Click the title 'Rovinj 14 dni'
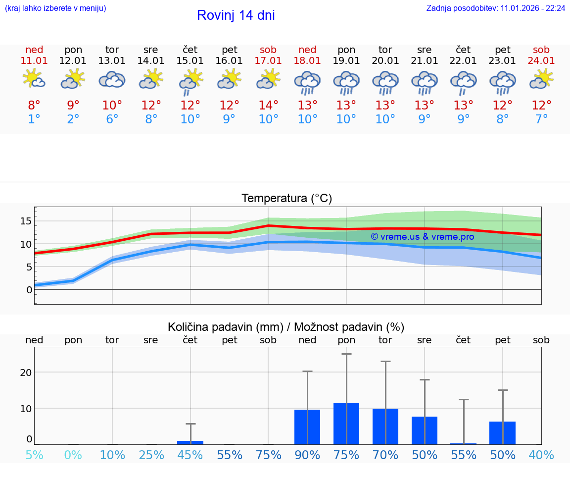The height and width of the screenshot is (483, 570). point(236,15)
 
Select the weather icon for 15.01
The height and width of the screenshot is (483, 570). point(190,81)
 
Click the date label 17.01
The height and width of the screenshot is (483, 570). point(268,60)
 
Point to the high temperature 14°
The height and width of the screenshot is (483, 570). point(268,106)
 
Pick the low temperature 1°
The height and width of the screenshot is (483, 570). point(34,119)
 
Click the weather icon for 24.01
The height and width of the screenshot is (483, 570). point(541,79)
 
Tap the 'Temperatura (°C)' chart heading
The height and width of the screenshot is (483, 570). point(286,199)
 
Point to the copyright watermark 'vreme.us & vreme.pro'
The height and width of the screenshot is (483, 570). point(422,237)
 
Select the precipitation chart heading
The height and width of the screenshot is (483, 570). point(286,327)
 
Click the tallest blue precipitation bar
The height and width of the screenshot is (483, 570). point(346,424)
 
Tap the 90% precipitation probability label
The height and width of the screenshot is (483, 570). point(307,455)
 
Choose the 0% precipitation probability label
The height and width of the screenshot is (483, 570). point(73,455)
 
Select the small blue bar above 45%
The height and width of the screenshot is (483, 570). point(190,442)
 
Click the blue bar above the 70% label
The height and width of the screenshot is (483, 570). point(385,427)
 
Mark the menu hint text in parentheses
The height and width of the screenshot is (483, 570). point(55,8)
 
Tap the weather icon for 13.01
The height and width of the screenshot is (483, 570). point(112,79)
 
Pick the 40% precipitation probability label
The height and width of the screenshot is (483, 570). point(541,455)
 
